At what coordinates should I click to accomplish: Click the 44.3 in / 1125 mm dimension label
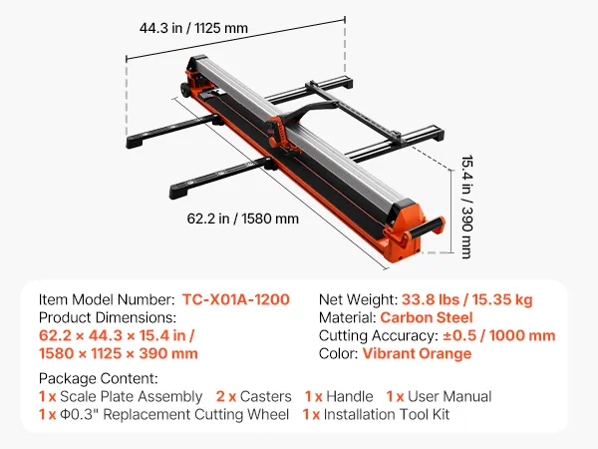tap(193, 28)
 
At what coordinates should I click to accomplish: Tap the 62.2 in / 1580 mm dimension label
tap(242, 219)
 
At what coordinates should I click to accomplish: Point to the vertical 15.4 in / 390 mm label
tap(466, 207)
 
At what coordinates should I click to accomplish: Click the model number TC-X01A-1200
tap(235, 299)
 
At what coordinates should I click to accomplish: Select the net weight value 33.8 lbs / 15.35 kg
tap(466, 299)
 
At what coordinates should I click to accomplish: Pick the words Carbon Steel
tap(427, 317)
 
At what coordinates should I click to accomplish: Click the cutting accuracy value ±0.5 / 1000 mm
tap(499, 335)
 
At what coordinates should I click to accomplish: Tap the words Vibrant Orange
tap(417, 353)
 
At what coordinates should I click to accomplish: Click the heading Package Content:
tap(99, 378)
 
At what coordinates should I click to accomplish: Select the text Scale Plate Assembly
tap(131, 396)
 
